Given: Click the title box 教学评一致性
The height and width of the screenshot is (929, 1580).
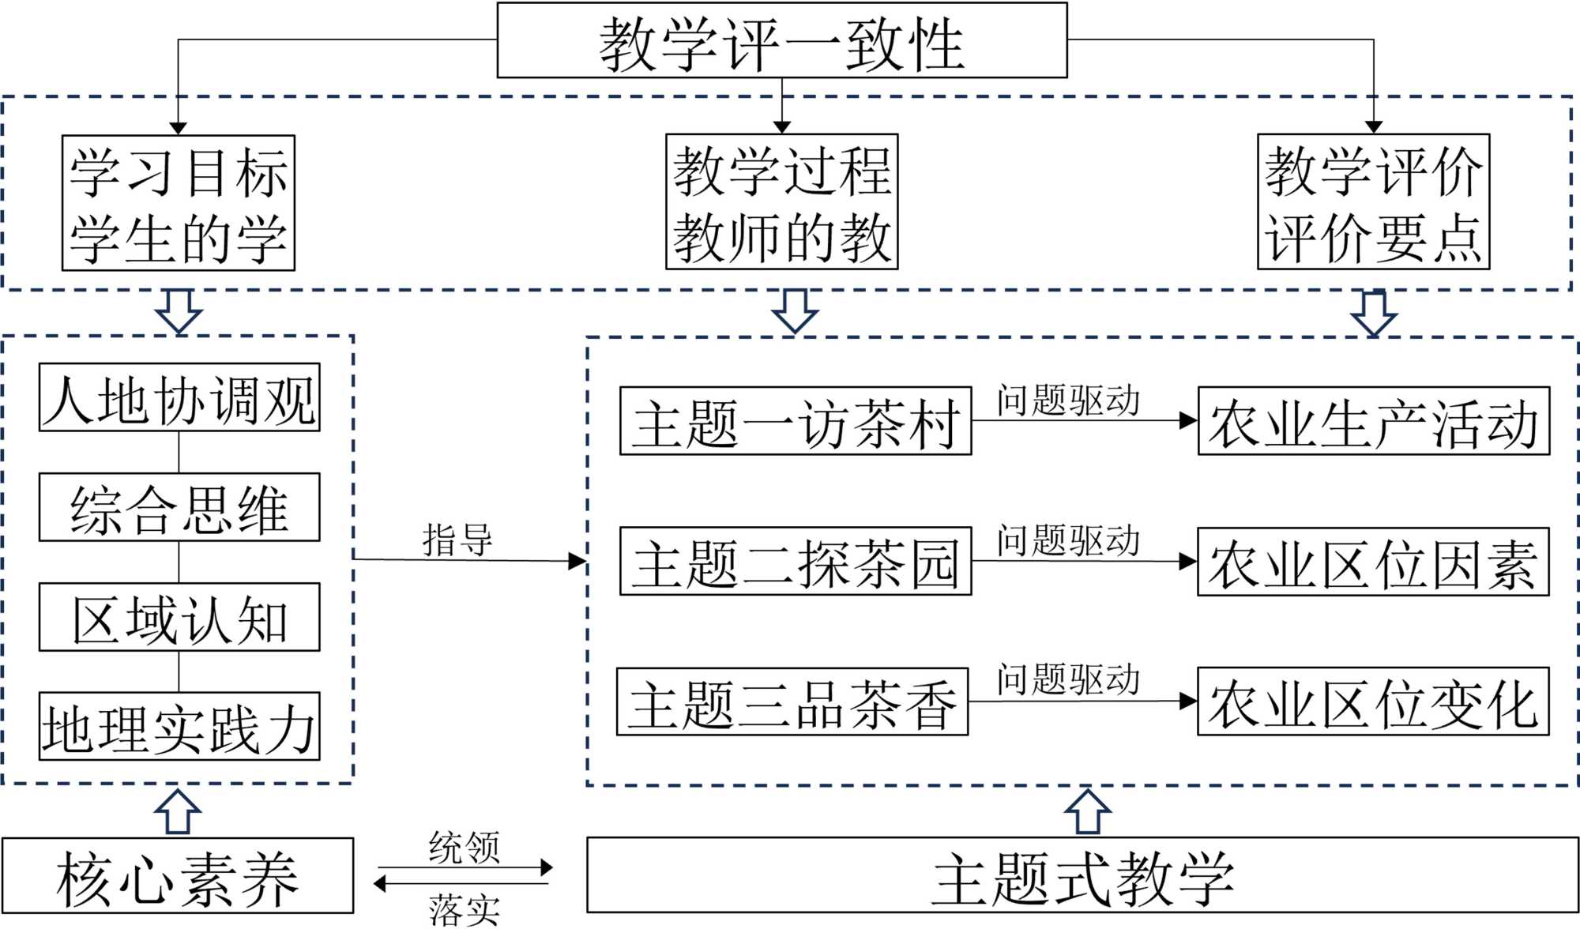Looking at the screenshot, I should (x=781, y=41).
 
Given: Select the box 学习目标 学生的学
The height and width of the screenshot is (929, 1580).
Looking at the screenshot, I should (x=179, y=203).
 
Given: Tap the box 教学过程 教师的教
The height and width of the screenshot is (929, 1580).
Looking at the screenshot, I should (x=781, y=202).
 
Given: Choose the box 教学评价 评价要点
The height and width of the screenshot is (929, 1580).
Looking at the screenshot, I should (x=1373, y=202).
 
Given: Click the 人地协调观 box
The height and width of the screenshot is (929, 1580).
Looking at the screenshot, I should (x=179, y=398).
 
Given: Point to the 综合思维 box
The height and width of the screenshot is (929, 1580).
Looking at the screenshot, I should (x=179, y=508).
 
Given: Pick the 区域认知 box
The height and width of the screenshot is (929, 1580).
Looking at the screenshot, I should (x=179, y=618).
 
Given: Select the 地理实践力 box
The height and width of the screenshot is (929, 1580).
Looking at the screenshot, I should (x=179, y=727).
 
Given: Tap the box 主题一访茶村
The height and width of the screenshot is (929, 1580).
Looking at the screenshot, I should (x=795, y=422).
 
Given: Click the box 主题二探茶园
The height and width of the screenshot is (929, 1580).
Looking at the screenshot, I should (x=795, y=562).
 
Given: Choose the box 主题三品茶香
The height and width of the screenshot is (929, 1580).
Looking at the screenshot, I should (x=792, y=702).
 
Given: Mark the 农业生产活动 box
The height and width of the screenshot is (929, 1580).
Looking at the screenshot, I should (x=1373, y=422).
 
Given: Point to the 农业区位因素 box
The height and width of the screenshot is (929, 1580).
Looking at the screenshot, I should (x=1373, y=562).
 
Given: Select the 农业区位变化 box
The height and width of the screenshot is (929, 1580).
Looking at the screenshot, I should (x=1373, y=702).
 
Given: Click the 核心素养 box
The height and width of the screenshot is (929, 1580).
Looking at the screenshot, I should (x=178, y=876).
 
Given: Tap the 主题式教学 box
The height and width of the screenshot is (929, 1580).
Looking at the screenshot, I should (x=1082, y=876).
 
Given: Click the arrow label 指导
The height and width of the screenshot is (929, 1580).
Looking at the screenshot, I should (x=457, y=541).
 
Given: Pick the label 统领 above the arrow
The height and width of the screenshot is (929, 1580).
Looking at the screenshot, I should (x=464, y=848).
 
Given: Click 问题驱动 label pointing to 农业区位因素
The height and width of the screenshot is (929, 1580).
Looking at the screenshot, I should (x=1068, y=541).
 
